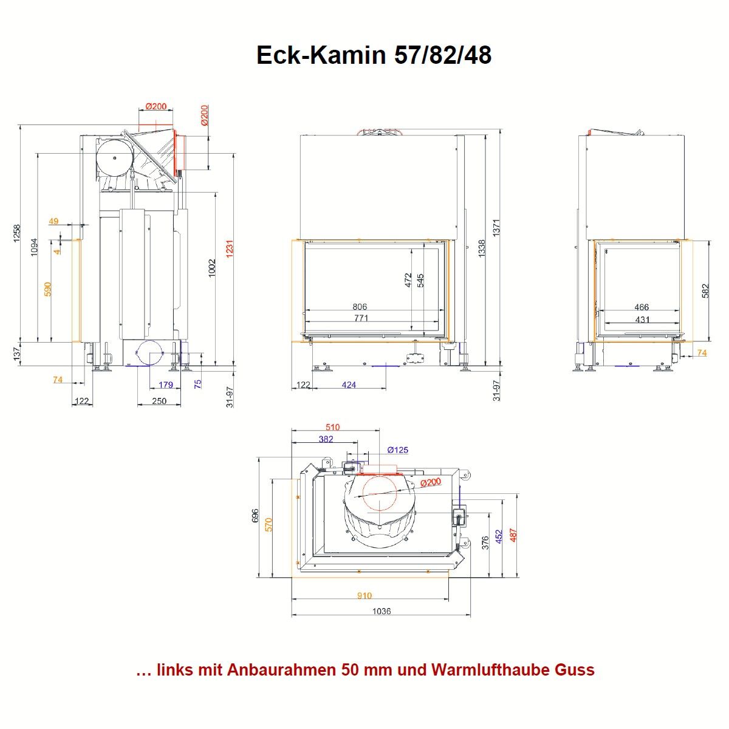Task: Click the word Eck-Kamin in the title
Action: point(321,55)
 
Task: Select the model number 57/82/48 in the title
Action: point(443,55)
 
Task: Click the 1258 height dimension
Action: point(17,233)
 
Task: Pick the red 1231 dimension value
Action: point(229,249)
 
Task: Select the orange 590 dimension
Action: point(47,289)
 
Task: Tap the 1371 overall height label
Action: point(496,228)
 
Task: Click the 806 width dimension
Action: point(360,307)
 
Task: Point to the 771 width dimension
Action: point(361,318)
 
